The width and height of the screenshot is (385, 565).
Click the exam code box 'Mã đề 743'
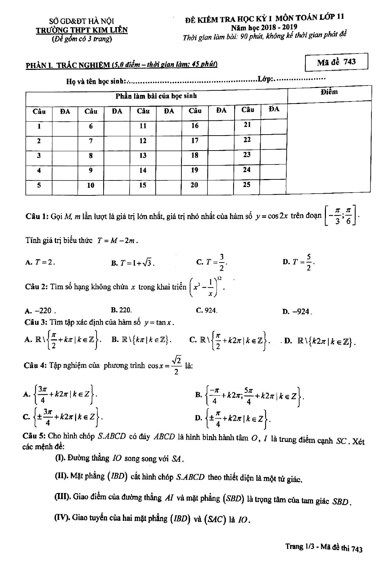336,62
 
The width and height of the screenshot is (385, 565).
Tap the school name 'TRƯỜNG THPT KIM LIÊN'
82,30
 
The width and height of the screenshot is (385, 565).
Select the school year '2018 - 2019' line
264,27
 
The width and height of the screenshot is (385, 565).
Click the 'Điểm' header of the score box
329,92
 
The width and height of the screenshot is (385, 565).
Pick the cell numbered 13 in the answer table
143,156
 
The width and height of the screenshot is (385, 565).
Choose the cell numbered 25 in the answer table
247,185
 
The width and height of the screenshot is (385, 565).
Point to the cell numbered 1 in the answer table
39,126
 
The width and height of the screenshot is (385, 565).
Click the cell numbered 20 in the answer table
195,185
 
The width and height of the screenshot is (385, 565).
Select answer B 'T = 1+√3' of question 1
133,263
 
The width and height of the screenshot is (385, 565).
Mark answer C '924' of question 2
207,310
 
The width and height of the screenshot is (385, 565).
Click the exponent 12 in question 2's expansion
220,278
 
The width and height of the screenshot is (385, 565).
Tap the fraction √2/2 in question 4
177,366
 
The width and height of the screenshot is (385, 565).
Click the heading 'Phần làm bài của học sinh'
156,96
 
